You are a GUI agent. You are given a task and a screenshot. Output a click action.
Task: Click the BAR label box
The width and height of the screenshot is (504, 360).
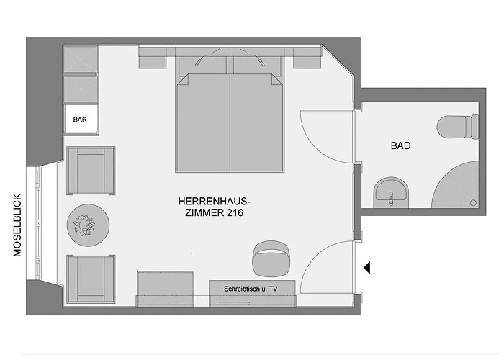80,120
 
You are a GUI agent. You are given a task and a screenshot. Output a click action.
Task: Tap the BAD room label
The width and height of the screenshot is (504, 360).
400,145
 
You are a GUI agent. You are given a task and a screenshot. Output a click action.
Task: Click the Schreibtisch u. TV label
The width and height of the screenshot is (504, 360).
252,288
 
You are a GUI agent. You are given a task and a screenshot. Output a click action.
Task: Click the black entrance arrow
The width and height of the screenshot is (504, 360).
366,268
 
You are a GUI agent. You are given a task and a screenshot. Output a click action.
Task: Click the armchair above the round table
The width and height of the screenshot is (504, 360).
91,171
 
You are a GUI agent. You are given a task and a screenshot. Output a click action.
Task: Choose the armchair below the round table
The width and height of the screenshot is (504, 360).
91,279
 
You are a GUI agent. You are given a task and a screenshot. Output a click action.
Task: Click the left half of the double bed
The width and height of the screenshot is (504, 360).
202,122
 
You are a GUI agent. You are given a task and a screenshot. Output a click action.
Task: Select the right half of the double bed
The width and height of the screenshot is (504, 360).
257,122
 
